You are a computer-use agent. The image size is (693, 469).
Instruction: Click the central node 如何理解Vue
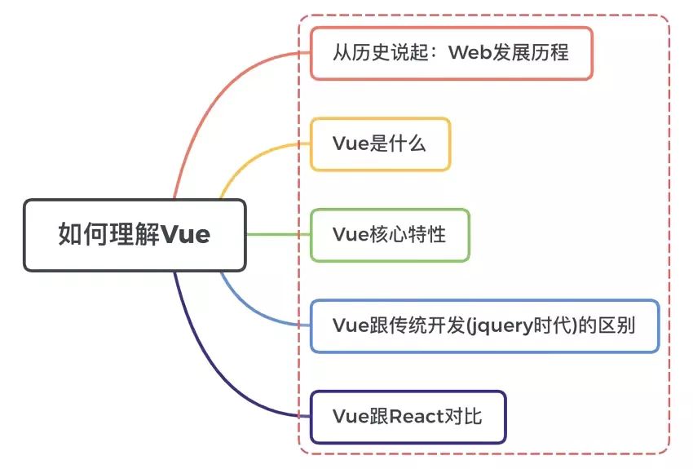point(135,235)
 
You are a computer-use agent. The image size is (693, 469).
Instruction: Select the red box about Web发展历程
point(451,53)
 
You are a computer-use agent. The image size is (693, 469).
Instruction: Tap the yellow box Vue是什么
point(380,144)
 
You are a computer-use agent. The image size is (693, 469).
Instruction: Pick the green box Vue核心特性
point(390,235)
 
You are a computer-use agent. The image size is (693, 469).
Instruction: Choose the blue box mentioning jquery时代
point(484,325)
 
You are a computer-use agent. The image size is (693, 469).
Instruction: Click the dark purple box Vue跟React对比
point(408,417)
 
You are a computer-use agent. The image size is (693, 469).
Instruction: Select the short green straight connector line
point(277,235)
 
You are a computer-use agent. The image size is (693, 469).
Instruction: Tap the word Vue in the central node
point(185,235)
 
